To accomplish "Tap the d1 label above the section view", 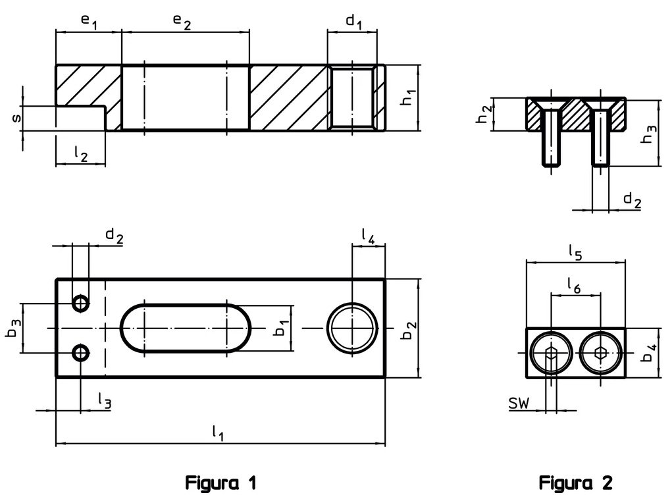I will coord(354,22).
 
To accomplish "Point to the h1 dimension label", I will coord(409,97).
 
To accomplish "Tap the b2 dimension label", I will coord(409,329).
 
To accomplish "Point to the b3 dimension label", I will coord(13,327).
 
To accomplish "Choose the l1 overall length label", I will coord(218,433).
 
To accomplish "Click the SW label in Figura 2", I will coord(519,403).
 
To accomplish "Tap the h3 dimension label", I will coord(650,134).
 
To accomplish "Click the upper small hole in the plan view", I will coord(81,303).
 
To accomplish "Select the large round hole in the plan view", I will coord(353,328).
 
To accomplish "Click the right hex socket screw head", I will coord(600,353).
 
